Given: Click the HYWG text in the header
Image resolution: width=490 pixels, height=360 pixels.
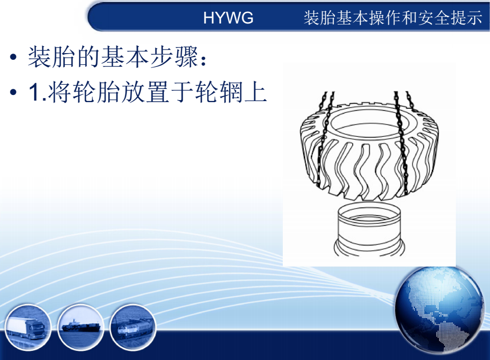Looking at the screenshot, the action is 228,17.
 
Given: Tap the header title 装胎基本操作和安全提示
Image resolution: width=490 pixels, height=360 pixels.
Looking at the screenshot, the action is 393,17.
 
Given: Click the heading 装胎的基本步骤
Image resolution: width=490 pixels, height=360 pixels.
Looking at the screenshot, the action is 113,57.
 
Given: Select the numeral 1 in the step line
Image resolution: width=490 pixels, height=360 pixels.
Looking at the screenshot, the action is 34,92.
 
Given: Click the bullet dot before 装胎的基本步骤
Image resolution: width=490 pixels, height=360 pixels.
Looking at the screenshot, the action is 13,57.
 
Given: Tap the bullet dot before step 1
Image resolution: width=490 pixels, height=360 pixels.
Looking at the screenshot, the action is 13,92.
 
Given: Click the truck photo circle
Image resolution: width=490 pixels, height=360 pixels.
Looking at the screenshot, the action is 28,327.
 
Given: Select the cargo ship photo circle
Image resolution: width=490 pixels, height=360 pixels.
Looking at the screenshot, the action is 81,327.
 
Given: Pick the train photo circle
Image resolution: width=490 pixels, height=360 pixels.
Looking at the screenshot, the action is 133,327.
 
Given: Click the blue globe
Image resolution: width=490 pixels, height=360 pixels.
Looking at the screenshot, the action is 439,310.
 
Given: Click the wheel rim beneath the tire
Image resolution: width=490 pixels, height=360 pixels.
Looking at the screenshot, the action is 370,230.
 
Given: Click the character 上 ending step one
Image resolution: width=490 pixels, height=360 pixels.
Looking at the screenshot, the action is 256,92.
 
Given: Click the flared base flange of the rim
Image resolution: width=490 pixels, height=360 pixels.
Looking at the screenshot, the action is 370,249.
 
